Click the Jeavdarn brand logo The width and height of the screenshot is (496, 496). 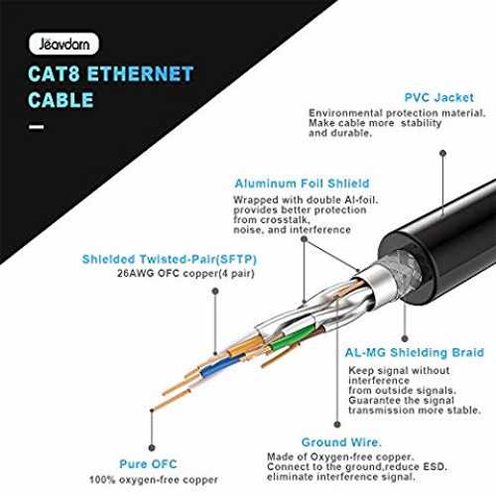click(x=63, y=44)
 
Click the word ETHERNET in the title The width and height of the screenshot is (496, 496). click(x=140, y=73)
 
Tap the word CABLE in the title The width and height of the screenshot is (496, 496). click(x=61, y=100)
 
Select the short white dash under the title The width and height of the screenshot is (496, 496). click(x=37, y=127)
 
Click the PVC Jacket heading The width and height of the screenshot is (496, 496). click(x=439, y=97)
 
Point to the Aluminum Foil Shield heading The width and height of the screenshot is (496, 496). click(x=302, y=184)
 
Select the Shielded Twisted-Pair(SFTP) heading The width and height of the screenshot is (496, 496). click(x=170, y=259)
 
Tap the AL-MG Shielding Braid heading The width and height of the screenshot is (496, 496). click(x=415, y=352)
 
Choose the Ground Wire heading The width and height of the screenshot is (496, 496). click(x=341, y=442)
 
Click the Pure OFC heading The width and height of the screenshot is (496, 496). click(x=148, y=464)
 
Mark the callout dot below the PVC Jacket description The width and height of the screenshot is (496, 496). click(x=443, y=153)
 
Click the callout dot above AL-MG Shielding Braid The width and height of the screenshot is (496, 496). click(x=405, y=338)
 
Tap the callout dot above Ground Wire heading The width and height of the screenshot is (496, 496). click(x=337, y=425)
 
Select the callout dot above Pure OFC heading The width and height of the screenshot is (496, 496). click(x=152, y=447)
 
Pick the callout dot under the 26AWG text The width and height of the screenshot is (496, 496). click(x=215, y=291)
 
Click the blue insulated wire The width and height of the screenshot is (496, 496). click(x=221, y=366)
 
